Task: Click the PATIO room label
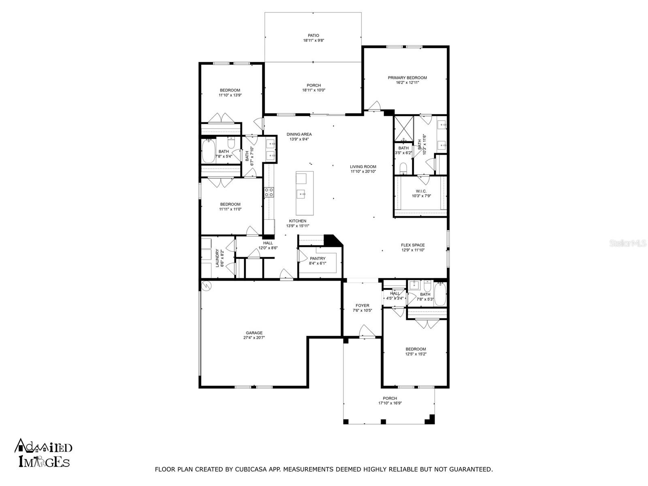(x=313, y=35)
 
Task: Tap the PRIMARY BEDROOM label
(x=407, y=78)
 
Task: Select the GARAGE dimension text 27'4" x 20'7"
(x=254, y=338)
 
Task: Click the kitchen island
(x=305, y=193)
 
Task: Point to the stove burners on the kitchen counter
(x=269, y=192)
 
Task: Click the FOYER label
(x=362, y=306)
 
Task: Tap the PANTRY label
(x=318, y=258)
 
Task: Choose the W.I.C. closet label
(x=421, y=191)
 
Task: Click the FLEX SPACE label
(x=413, y=245)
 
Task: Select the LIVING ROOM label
(x=363, y=167)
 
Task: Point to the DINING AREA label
(x=299, y=134)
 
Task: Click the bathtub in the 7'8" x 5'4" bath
(x=209, y=151)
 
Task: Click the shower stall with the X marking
(x=403, y=129)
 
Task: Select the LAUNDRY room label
(x=217, y=258)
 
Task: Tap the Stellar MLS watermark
(x=627, y=243)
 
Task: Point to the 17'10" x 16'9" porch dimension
(x=390, y=403)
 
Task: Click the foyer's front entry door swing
(x=367, y=330)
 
